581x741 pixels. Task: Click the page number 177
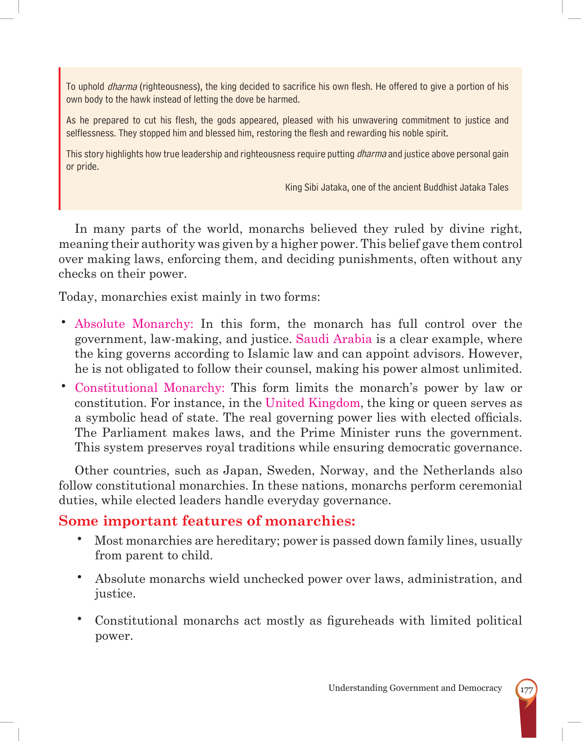pos(526,690)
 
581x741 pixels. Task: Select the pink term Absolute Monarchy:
pos(134,324)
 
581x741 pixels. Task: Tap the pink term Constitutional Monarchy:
pos(150,388)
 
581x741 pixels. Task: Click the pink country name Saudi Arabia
pos(334,339)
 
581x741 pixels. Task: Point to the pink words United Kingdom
pos(312,403)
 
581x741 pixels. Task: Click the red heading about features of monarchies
pos(207,521)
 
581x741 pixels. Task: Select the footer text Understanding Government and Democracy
pos(415,688)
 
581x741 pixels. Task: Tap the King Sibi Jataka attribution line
pos(397,187)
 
